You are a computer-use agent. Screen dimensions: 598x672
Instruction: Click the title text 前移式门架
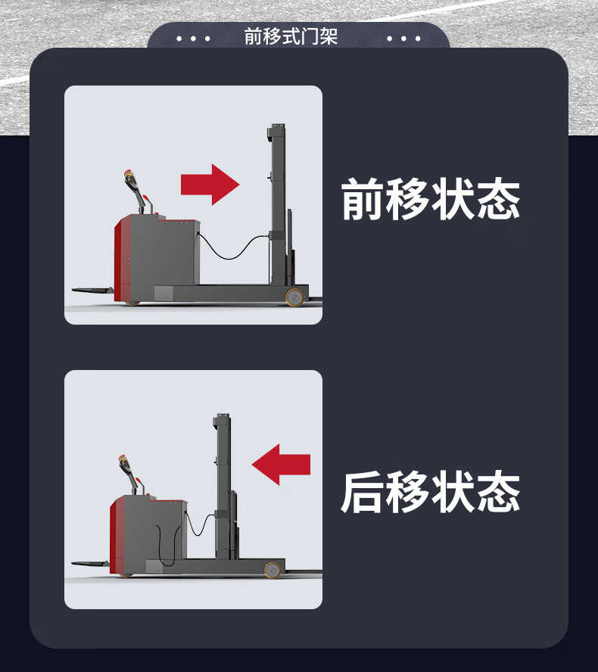[291, 36]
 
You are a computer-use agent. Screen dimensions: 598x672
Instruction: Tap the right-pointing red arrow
[210, 185]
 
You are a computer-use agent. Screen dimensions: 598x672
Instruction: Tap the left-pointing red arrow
[281, 464]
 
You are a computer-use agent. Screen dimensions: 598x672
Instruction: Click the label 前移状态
[431, 199]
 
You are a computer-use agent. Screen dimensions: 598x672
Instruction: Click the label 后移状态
[431, 492]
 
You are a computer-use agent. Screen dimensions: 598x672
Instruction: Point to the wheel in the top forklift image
[295, 297]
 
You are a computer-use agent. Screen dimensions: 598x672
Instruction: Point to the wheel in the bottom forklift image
[273, 570]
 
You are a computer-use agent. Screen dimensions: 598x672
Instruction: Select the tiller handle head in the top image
[130, 178]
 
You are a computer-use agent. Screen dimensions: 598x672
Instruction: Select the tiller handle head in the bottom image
[125, 464]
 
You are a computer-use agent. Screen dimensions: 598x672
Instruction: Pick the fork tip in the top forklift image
[73, 290]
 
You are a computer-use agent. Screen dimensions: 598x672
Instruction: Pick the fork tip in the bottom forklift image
[73, 563]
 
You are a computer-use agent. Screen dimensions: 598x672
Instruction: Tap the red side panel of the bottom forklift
[114, 536]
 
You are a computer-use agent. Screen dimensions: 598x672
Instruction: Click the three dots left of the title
[193, 39]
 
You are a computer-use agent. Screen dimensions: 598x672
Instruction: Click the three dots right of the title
[403, 39]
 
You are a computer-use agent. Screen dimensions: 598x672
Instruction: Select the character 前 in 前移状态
[363, 199]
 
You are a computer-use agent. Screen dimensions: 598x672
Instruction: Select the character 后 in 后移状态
[363, 492]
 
